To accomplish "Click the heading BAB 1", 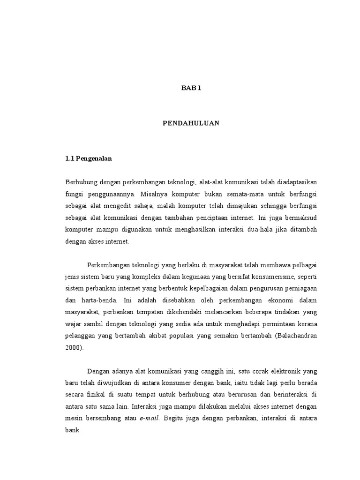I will (191, 88).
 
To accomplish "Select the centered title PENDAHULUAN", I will (191, 123).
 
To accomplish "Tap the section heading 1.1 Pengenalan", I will (89, 158).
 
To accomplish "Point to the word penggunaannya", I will (109, 194).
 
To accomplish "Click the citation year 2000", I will (73, 348).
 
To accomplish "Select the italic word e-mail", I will (150, 420).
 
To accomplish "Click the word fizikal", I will (97, 395).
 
